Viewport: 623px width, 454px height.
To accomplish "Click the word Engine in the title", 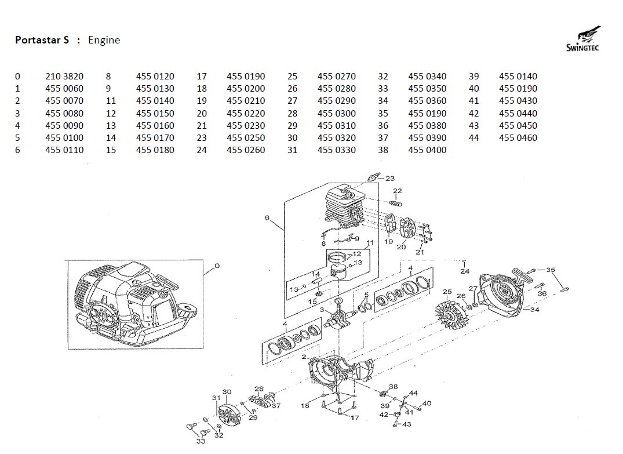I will [104, 40].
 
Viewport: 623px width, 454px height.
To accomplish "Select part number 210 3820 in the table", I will [64, 77].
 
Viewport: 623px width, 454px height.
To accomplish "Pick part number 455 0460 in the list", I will [518, 138].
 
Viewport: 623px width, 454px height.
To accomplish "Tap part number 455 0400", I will [427, 150].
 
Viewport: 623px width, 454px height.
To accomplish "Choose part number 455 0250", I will [246, 138].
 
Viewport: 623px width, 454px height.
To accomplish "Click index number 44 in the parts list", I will [473, 138].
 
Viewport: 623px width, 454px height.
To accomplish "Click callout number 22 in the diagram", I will [397, 191].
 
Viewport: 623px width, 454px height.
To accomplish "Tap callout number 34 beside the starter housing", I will [534, 310].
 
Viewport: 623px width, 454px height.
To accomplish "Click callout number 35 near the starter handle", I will [551, 270].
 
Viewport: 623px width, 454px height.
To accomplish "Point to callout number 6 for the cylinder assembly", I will [267, 218].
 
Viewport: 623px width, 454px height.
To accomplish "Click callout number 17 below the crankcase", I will [355, 417].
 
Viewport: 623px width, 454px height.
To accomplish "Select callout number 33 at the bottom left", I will [200, 441].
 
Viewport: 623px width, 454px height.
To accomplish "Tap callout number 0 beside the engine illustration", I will [217, 266].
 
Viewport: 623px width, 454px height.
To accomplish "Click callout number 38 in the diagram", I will [394, 386].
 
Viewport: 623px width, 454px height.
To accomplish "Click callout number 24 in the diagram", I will [465, 271].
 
